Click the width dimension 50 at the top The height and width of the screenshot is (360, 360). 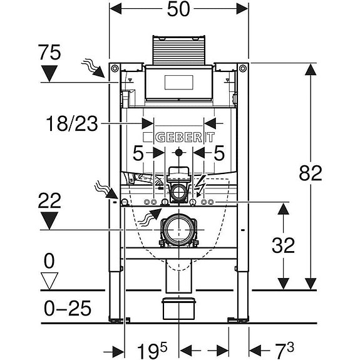pyautogui.click(x=178, y=9)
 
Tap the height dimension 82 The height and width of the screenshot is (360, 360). pyautogui.click(x=311, y=173)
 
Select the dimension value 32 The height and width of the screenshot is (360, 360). pyautogui.click(x=283, y=245)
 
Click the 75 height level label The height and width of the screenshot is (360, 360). pyautogui.click(x=49, y=53)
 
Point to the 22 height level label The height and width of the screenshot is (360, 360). pyautogui.click(x=49, y=201)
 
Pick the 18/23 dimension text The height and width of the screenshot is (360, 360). pyautogui.click(x=72, y=124)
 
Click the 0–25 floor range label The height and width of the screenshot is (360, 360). pyautogui.click(x=68, y=308)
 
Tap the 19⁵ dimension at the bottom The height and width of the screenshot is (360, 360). pyautogui.click(x=152, y=351)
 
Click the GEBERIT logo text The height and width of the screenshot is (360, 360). pyautogui.click(x=185, y=138)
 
